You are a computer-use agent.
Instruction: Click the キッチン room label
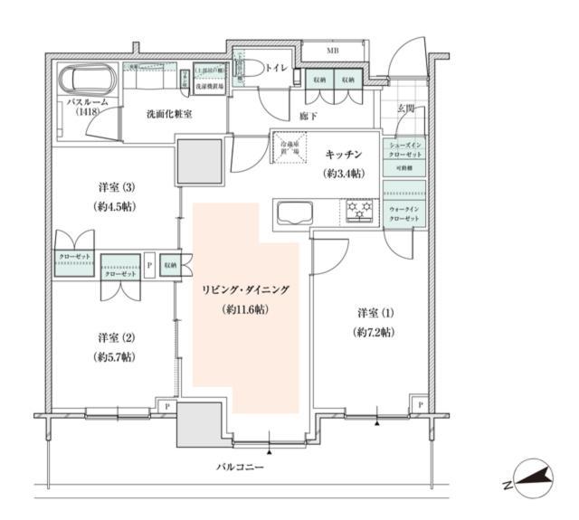[344, 155]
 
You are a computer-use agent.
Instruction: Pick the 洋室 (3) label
[117, 188]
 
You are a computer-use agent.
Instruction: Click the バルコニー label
[239, 468]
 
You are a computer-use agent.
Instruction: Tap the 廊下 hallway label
[308, 117]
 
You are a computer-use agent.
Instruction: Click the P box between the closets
[148, 266]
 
